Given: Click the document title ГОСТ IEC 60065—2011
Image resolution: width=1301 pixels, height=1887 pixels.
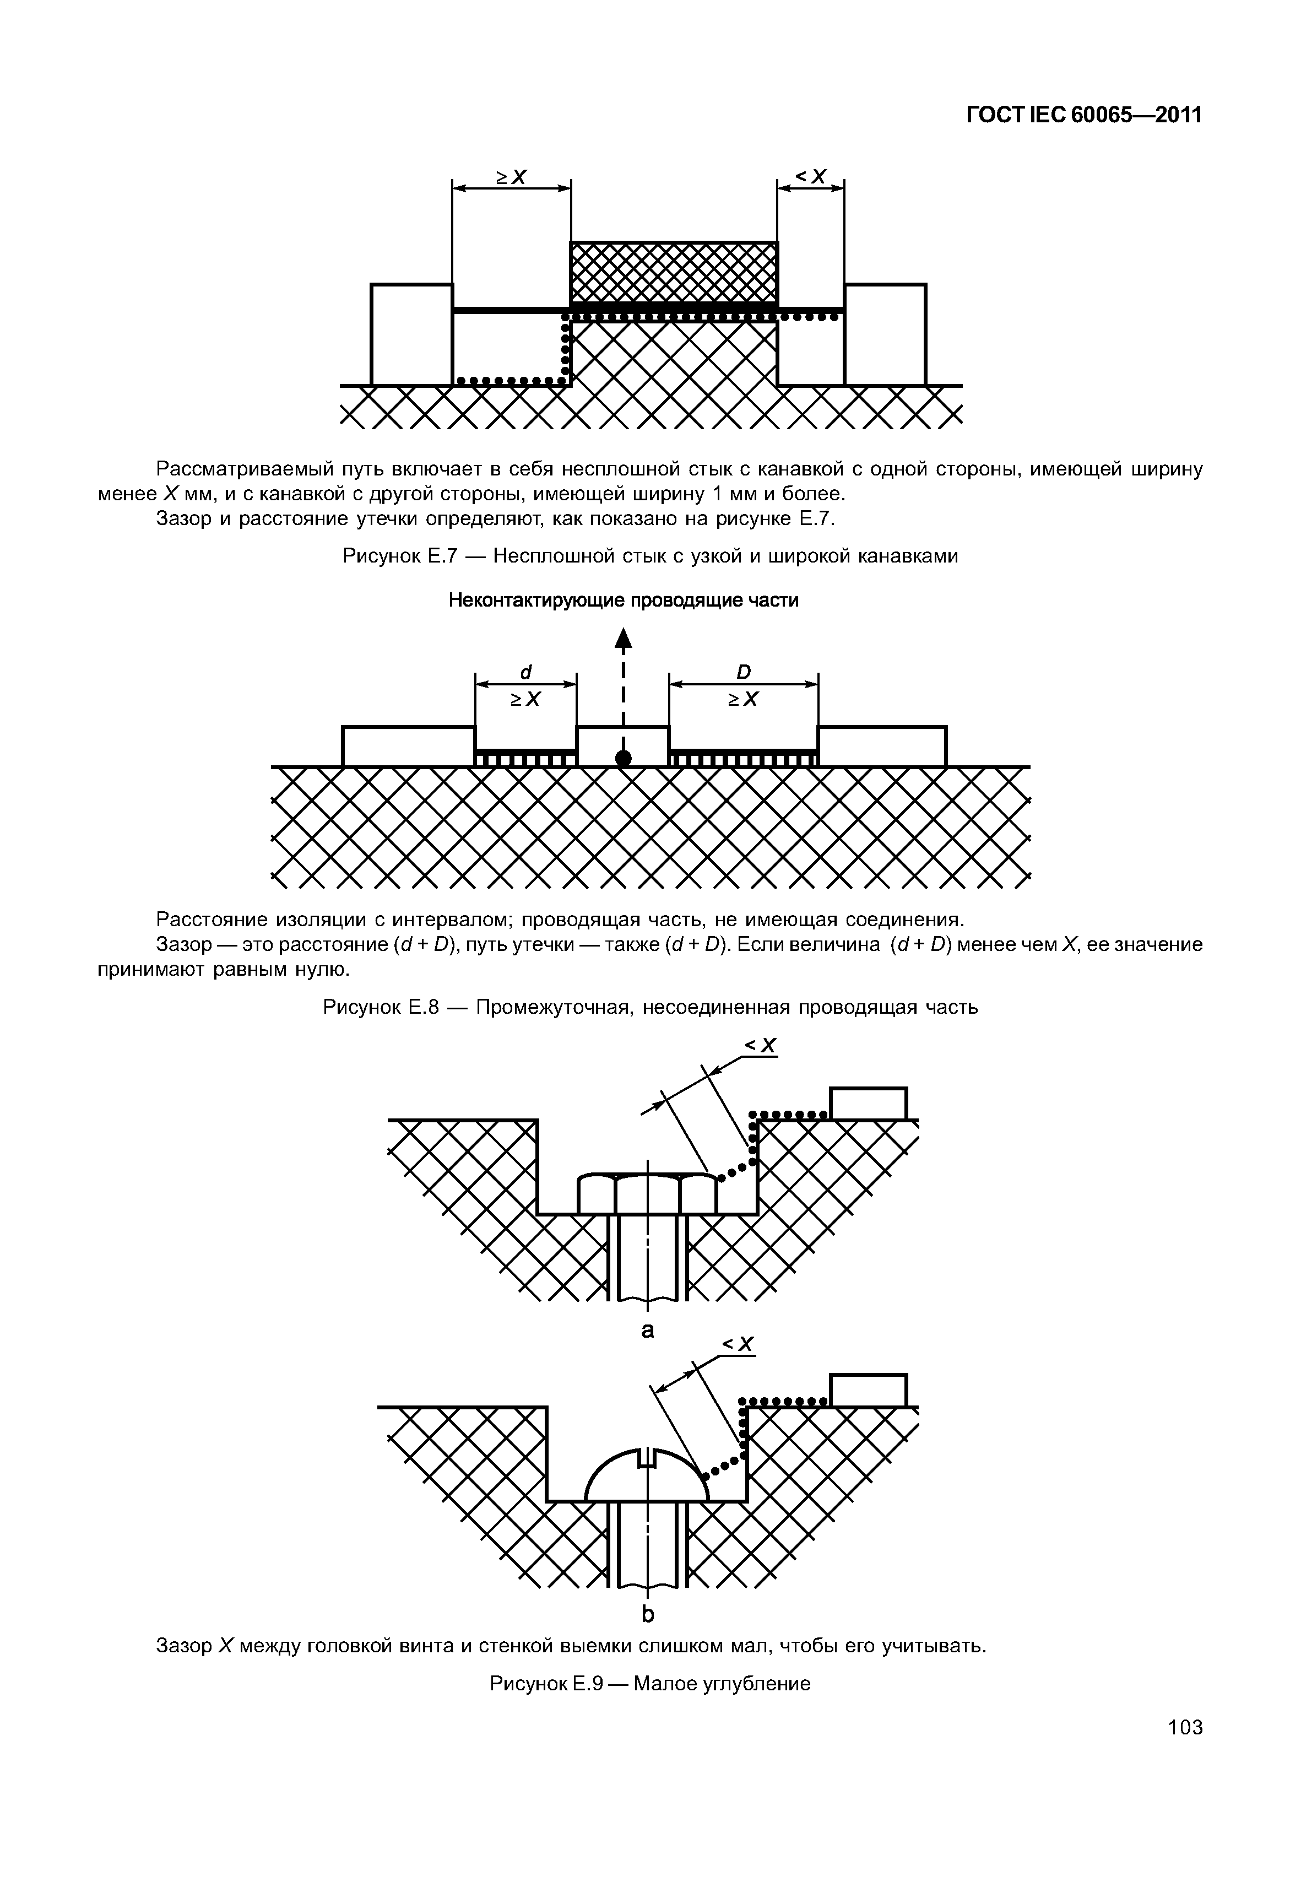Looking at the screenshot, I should (x=1083, y=115).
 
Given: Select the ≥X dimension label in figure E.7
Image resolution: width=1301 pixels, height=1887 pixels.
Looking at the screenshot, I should (x=512, y=176).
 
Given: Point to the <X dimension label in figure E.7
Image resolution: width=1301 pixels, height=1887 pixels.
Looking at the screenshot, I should (x=811, y=176).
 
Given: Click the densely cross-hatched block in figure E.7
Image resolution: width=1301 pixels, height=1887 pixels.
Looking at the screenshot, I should (x=673, y=272).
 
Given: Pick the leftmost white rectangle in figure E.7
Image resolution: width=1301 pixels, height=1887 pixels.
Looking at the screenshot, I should (x=411, y=334).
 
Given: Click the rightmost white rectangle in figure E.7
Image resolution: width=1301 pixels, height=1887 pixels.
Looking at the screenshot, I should (x=885, y=334).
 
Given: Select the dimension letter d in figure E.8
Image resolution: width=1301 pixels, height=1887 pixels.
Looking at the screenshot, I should (x=526, y=671).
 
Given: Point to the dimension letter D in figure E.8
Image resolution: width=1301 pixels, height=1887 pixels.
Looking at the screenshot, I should (x=744, y=671).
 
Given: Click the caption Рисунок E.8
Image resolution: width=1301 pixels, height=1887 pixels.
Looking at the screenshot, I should (x=650, y=1007).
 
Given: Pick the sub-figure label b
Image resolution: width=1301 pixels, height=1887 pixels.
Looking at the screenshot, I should (x=648, y=1614).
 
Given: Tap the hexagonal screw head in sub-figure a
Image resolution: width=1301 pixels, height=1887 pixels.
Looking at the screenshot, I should (x=647, y=1193).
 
